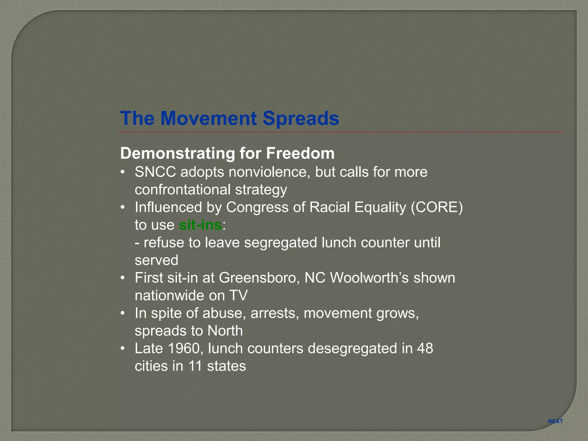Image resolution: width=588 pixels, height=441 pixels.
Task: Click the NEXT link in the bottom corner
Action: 555,421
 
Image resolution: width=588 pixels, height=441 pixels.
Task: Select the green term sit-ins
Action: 200,225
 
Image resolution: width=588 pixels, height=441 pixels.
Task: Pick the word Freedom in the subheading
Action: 300,153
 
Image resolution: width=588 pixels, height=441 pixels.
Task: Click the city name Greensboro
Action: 258,278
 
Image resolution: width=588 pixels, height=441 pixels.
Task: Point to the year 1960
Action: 183,348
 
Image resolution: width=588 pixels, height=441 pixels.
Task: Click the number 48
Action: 425,348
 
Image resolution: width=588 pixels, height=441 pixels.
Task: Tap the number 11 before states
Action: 195,366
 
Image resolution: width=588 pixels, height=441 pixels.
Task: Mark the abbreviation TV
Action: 238,295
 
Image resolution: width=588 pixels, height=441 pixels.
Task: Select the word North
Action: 225,331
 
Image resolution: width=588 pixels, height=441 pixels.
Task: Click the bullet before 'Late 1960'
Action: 123,348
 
